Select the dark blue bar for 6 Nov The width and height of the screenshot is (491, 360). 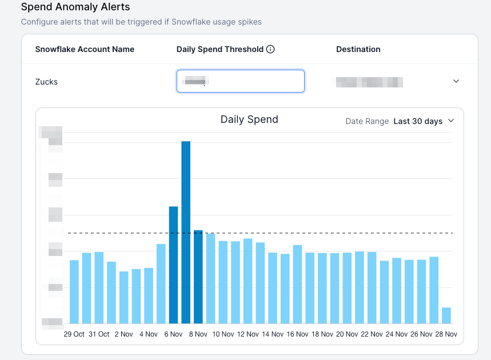[173, 265]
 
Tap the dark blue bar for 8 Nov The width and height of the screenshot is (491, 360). [198, 277]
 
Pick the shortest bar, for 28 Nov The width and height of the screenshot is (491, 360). [446, 315]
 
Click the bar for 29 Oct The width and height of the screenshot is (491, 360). [74, 292]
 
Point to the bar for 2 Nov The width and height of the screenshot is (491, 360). [124, 298]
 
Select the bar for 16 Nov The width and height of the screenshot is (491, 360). [298, 285]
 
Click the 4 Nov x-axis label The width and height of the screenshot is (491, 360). [149, 334]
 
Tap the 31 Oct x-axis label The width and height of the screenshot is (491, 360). [99, 334]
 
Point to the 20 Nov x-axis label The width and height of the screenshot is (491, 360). [348, 334]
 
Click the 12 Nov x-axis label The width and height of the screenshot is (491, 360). [248, 334]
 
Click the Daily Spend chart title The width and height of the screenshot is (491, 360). [249, 119]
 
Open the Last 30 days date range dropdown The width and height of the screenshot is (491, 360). [424, 121]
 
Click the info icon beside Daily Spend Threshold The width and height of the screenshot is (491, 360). [271, 49]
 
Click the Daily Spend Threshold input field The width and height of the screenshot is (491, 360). [241, 81]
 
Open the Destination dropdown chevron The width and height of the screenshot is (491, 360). [456, 81]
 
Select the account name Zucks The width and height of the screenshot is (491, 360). [46, 82]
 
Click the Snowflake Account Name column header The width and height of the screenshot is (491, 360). [85, 49]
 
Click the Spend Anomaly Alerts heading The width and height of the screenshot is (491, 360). [75, 7]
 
